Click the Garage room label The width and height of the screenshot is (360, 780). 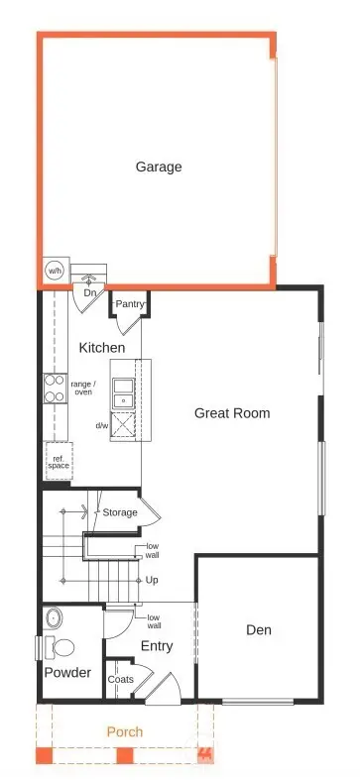[x=159, y=167]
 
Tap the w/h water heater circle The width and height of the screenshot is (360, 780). [x=54, y=271]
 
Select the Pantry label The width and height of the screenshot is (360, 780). [x=131, y=303]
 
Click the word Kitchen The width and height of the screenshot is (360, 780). [x=102, y=348]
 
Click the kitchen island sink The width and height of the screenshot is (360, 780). [x=125, y=393]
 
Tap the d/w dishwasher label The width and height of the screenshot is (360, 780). [x=102, y=425]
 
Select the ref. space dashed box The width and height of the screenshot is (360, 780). [x=58, y=461]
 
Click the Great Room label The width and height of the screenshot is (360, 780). [x=232, y=412]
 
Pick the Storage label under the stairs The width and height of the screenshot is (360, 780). [x=120, y=512]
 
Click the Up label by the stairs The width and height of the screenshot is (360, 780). [x=152, y=579]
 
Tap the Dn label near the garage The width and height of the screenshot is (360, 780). [x=89, y=293]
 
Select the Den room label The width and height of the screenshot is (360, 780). [x=260, y=629]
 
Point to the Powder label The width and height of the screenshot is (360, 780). [x=67, y=672]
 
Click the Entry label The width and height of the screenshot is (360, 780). [x=157, y=645]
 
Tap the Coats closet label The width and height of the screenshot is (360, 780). [x=121, y=679]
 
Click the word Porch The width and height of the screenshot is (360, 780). [x=125, y=731]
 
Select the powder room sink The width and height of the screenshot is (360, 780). [x=54, y=619]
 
